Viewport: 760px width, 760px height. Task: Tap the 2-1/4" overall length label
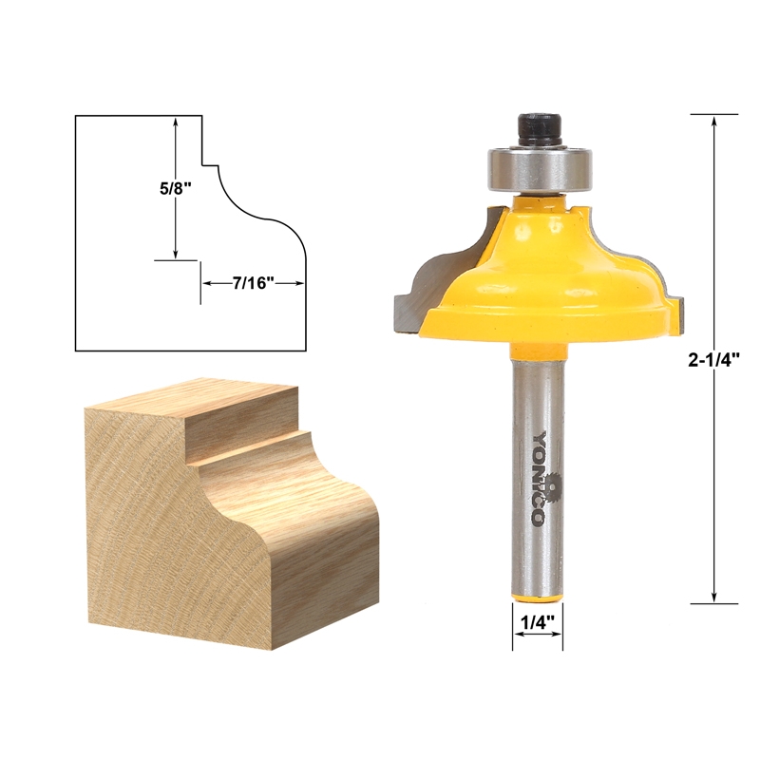point(714,360)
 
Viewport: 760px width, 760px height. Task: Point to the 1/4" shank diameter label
point(538,622)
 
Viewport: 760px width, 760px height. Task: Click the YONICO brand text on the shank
point(538,478)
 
